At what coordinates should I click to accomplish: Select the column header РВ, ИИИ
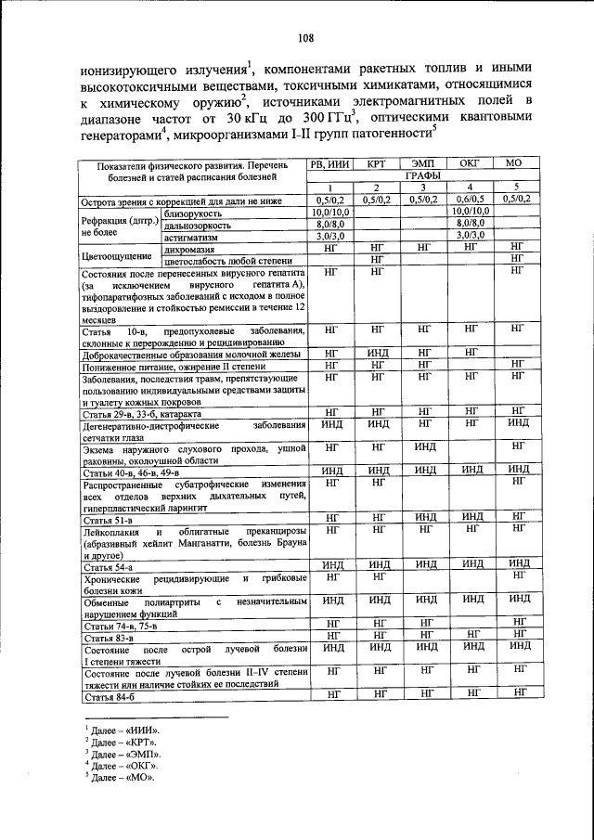tap(329, 163)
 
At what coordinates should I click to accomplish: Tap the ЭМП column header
tap(423, 163)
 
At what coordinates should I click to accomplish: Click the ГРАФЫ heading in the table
tap(422, 174)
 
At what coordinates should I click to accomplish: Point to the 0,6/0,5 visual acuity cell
tap(470, 199)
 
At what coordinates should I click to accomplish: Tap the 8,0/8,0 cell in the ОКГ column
tap(470, 224)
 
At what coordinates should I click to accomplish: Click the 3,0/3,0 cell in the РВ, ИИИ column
tap(329, 237)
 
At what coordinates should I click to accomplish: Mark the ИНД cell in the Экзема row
tap(423, 447)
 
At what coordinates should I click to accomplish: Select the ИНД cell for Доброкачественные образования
tap(376, 353)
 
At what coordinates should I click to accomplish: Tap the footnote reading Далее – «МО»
tap(120, 777)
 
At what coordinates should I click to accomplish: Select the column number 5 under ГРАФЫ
tap(516, 187)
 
